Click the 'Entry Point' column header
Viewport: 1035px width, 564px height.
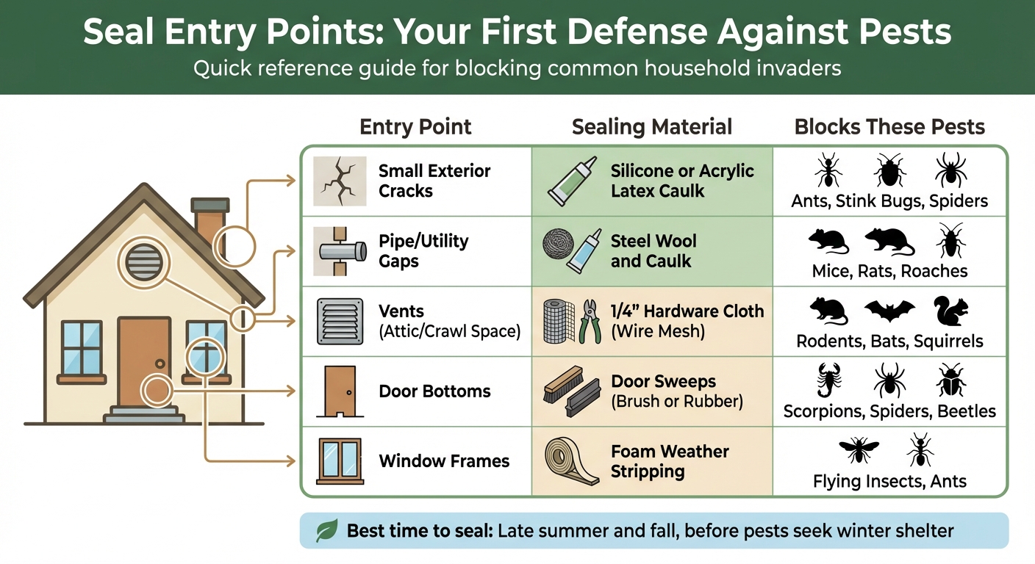[x=415, y=126]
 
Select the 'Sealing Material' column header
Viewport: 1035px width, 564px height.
[x=651, y=126]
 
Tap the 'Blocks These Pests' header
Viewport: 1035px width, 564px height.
[x=889, y=126]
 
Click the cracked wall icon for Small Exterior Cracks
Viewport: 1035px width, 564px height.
[x=339, y=181]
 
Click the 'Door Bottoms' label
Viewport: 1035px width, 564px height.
[x=434, y=391]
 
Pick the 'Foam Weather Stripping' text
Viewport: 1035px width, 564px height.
[x=670, y=461]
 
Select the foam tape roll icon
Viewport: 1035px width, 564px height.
[x=572, y=462]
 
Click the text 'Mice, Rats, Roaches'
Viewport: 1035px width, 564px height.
[x=889, y=271]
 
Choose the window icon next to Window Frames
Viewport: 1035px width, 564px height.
[x=339, y=461]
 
